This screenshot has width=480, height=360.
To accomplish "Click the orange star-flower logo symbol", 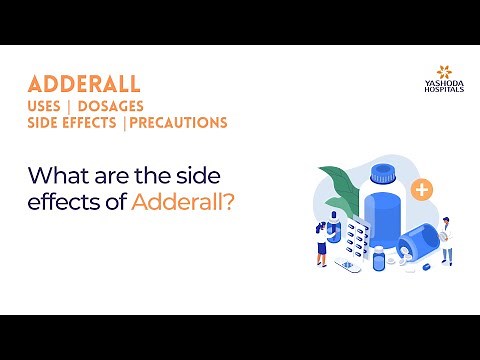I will [x=436, y=72].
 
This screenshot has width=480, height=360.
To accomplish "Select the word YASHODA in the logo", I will [x=436, y=85].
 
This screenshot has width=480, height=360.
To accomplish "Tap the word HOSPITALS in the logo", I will [x=436, y=92].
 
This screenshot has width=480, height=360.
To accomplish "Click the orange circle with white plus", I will [x=423, y=188].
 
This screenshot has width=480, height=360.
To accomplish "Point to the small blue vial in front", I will [x=377, y=259].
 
